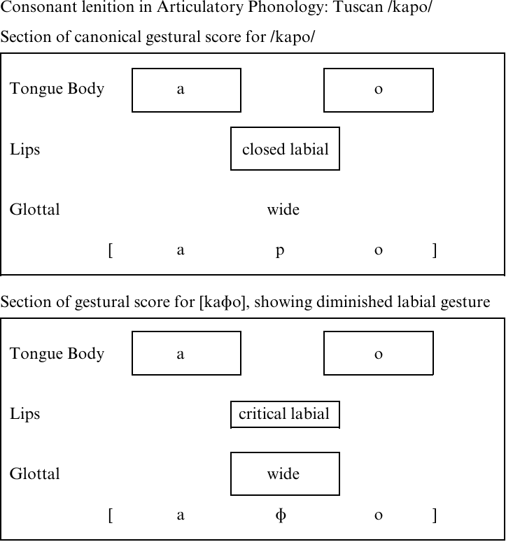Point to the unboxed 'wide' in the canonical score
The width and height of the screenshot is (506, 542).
tap(283, 210)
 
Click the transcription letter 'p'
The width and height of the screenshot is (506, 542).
tap(280, 250)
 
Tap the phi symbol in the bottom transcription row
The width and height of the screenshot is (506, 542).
tap(281, 515)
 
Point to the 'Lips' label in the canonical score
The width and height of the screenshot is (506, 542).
tap(25, 150)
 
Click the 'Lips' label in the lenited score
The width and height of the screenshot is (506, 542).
tap(25, 414)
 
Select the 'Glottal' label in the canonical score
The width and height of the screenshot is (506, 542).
tap(34, 209)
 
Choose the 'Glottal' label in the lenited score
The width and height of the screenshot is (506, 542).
tap(34, 473)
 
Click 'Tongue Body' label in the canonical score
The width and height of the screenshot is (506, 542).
tap(57, 89)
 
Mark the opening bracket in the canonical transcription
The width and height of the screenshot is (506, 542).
tap(111, 250)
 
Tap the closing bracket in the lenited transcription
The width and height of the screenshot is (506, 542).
tap(435, 515)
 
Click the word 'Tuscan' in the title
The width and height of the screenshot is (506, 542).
tap(358, 7)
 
